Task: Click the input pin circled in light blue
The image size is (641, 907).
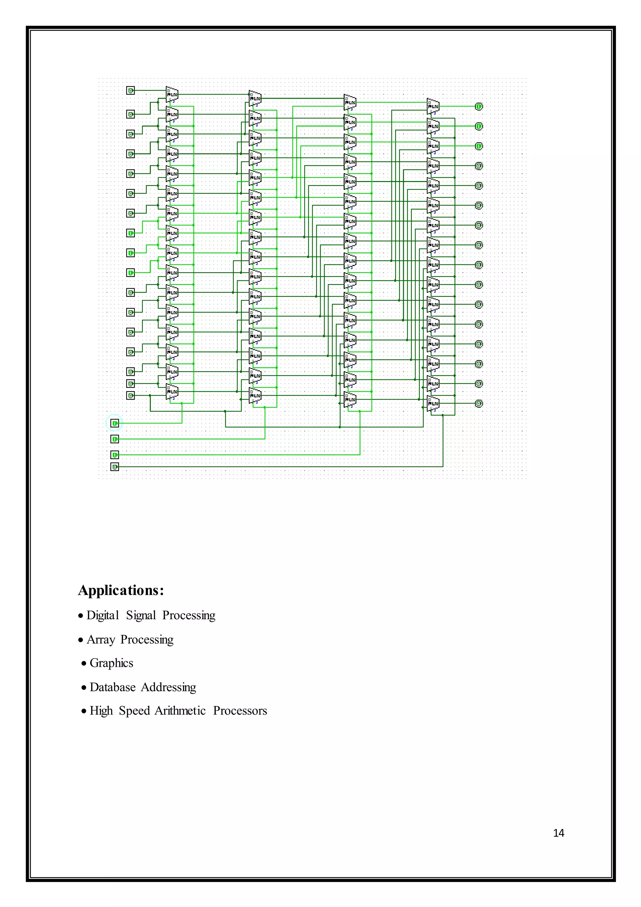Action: (115, 423)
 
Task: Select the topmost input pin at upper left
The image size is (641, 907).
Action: (130, 91)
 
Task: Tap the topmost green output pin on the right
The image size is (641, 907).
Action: (478, 106)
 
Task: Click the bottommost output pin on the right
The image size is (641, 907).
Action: (478, 403)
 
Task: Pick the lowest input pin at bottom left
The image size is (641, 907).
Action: (115, 467)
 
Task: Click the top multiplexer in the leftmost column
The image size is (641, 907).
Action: (172, 94)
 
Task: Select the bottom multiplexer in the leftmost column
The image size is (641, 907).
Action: (172, 391)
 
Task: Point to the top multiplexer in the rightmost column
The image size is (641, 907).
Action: (433, 106)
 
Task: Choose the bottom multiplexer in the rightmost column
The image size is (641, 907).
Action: (433, 403)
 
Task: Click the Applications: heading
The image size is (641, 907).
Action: (121, 590)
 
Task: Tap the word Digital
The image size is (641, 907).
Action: (103, 615)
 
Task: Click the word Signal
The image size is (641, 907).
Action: (141, 615)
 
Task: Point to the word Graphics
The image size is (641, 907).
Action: (111, 663)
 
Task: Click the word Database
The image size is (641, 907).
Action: (112, 687)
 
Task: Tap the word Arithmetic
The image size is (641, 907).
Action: (180, 711)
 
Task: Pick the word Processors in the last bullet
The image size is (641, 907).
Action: (240, 711)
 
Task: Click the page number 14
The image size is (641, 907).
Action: (558, 833)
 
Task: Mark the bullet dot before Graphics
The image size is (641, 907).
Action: (84, 664)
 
